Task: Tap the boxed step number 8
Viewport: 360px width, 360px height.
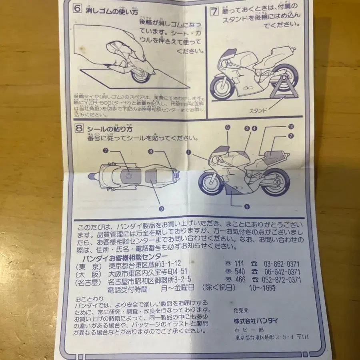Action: [x=79, y=128]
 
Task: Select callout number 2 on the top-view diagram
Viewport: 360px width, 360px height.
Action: [x=106, y=150]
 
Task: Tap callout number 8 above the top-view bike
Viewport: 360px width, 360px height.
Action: [x=151, y=152]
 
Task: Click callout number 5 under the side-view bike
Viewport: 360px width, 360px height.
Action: [x=247, y=206]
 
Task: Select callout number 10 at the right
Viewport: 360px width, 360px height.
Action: [x=291, y=126]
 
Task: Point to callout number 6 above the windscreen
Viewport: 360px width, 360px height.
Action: [x=228, y=128]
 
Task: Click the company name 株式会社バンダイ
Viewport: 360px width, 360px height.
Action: [x=256, y=320]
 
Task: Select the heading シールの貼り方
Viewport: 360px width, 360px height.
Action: [x=110, y=129]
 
